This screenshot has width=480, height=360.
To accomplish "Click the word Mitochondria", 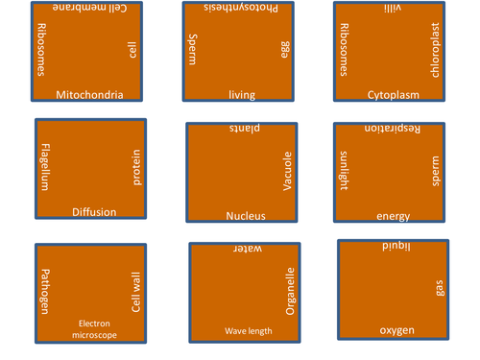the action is (x=89, y=94).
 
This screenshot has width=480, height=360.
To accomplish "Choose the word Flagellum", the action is (x=45, y=167).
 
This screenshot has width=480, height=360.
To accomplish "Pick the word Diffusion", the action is (x=94, y=212).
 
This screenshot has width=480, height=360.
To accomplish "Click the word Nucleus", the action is (x=246, y=216).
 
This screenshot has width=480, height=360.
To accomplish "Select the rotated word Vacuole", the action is (x=287, y=171).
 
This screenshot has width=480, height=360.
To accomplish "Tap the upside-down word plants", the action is (x=246, y=129).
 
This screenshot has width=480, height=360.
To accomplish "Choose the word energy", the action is (x=394, y=216).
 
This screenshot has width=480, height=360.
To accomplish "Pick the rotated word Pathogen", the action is (x=44, y=291).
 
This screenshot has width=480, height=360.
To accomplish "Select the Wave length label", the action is (x=249, y=331).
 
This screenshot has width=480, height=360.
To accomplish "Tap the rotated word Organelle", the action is (x=291, y=290).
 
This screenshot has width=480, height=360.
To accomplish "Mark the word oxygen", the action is (x=397, y=330).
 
